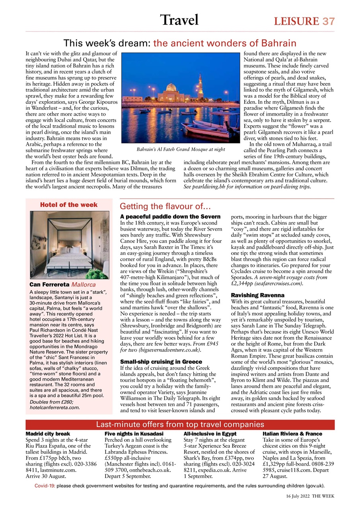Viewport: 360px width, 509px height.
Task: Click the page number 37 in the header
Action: [329, 21]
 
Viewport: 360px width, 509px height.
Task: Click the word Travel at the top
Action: [179, 19]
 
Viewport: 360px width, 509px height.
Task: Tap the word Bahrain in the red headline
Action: [278, 43]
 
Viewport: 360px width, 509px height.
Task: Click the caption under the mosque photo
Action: [181, 150]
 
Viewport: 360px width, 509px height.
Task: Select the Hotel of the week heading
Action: [69, 205]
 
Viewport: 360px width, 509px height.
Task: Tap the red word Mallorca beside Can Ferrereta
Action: [84, 285]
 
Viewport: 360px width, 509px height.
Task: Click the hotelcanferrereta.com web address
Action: [54, 407]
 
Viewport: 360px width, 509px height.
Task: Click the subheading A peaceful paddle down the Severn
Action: [170, 216]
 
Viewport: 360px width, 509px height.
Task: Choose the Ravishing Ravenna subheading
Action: [258, 295]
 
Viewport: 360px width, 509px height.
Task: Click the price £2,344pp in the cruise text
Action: [242, 284]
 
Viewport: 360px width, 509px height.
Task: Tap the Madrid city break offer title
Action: [48, 433]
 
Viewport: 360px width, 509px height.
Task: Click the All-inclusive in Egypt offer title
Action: [210, 433]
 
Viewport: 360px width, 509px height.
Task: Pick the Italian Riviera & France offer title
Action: [292, 433]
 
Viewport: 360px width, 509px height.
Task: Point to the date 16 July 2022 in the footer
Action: [298, 496]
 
